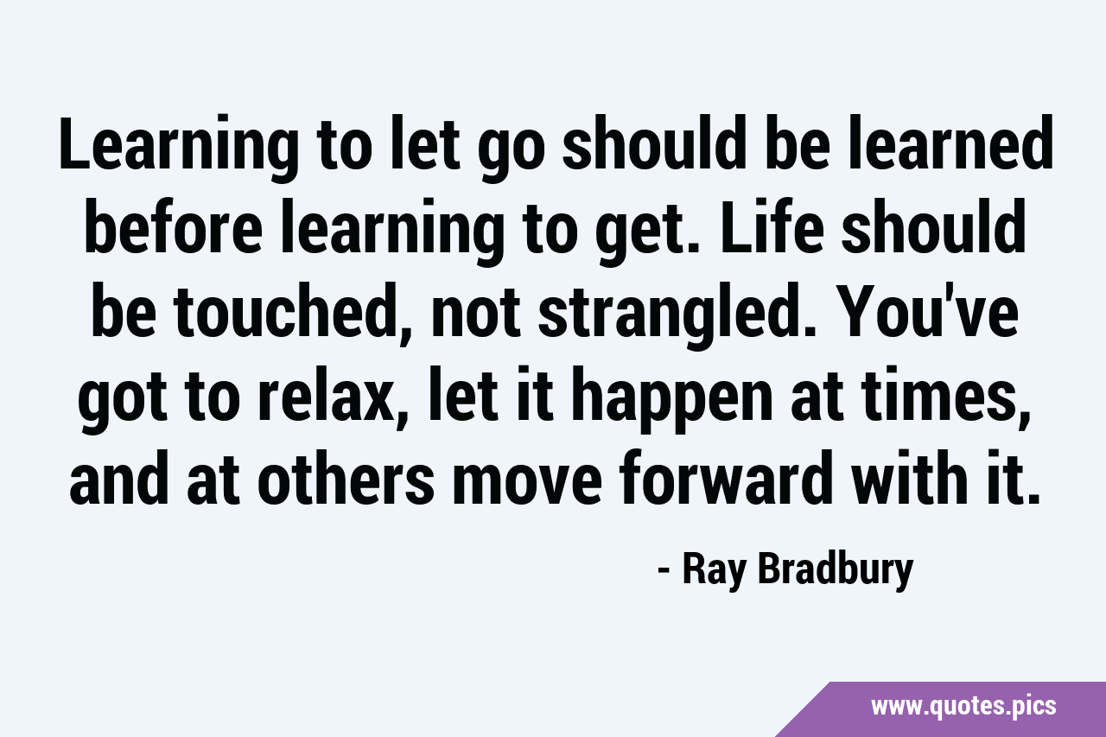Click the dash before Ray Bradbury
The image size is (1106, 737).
click(x=664, y=573)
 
